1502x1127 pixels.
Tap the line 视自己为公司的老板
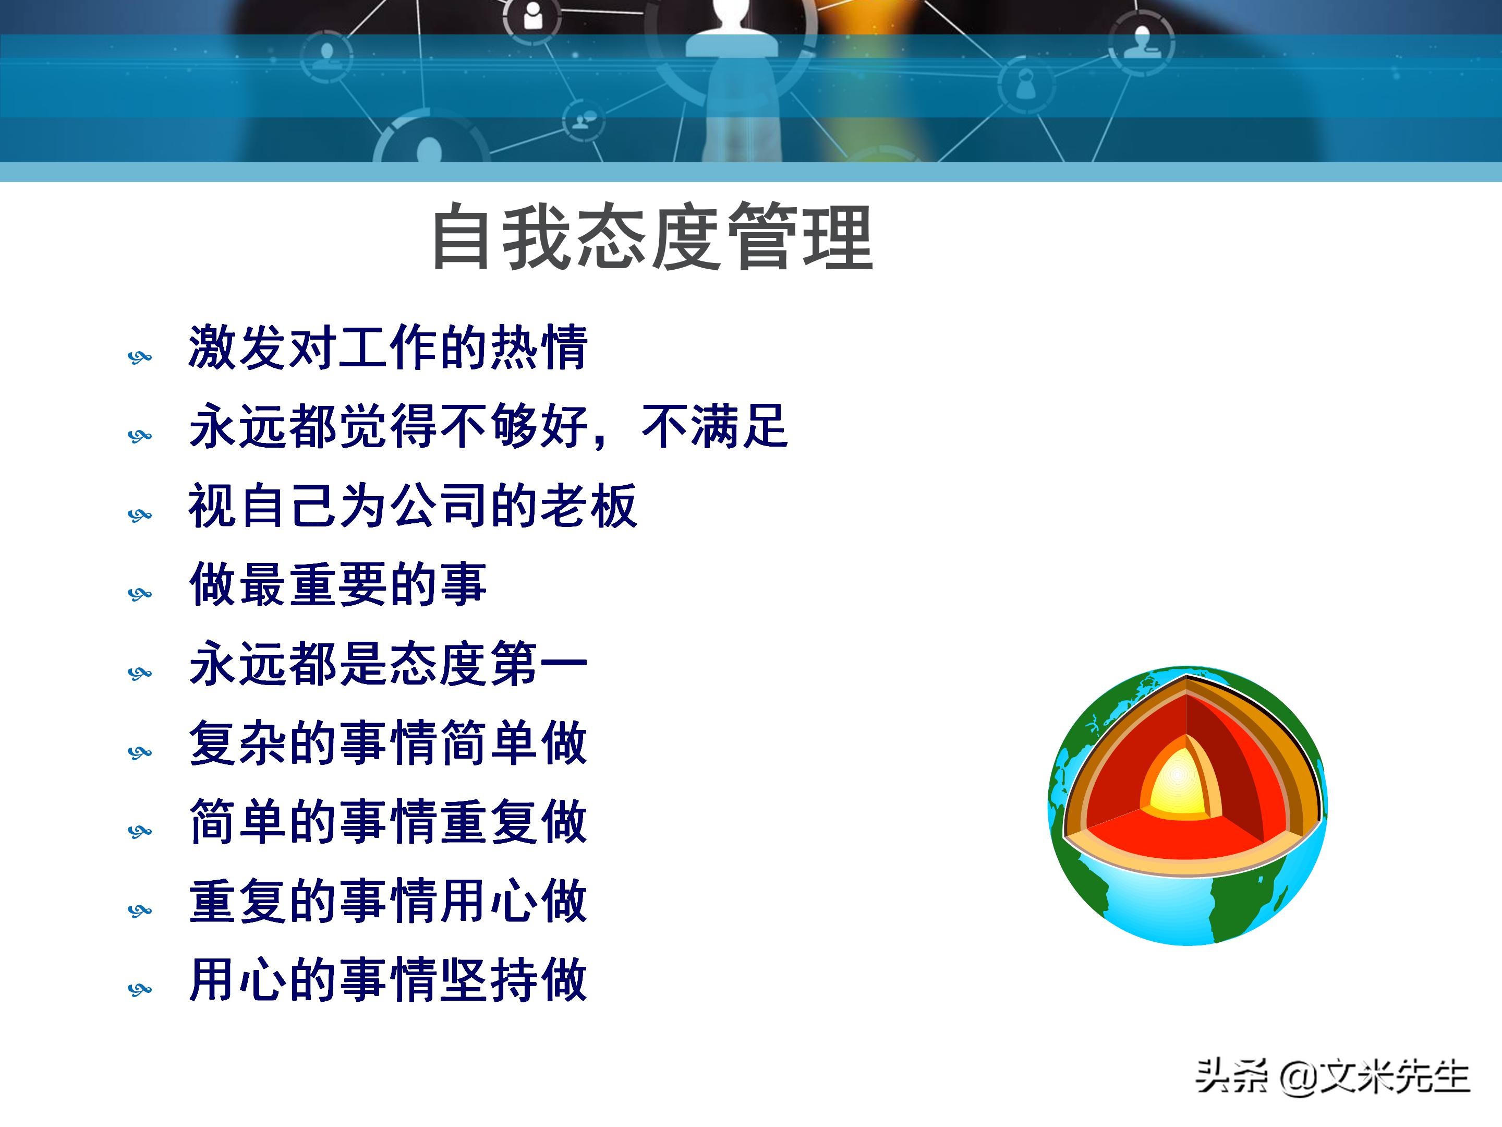(413, 506)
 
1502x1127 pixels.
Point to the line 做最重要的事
(337, 584)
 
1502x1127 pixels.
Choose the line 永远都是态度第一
(387, 664)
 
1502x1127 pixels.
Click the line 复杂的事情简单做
(387, 743)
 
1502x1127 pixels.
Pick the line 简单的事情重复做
(387, 822)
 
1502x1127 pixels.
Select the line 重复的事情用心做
(387, 902)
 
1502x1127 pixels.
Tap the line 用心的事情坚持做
(387, 980)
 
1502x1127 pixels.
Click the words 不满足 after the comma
(714, 427)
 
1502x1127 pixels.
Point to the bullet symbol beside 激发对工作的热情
(139, 357)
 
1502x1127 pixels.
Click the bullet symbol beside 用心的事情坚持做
(139, 989)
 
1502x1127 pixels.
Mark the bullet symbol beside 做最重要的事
(139, 594)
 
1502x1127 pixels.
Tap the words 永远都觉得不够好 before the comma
(387, 427)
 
